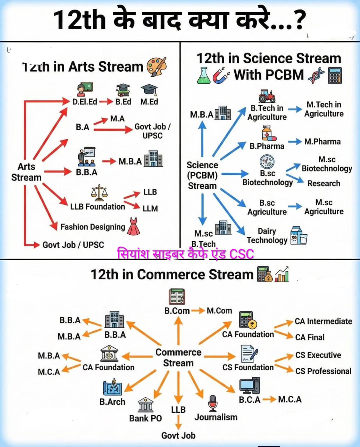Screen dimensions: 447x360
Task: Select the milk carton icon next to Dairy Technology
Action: pos(299,235)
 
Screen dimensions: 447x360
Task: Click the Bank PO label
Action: pos(145,418)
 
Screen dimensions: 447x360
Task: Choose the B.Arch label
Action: pos(112,402)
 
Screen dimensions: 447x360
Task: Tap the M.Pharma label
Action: pos(322,141)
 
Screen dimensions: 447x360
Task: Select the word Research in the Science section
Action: pos(323,183)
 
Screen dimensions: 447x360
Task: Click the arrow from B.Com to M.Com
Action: pos(198,310)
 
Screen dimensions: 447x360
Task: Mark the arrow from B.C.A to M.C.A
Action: pos(269,399)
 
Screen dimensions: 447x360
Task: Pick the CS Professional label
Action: pos(323,371)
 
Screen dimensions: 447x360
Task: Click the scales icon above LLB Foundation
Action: pos(99,193)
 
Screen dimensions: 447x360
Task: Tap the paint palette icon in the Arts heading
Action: pos(156,66)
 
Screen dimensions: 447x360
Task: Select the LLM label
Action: pos(150,208)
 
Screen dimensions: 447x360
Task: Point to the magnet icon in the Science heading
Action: pos(221,75)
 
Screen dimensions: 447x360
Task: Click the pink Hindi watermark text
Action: pos(185,254)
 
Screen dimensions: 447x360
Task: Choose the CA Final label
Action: pos(310,337)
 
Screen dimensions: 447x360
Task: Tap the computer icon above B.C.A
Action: pos(249,386)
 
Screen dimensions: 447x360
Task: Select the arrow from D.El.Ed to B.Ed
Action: pos(106,102)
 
